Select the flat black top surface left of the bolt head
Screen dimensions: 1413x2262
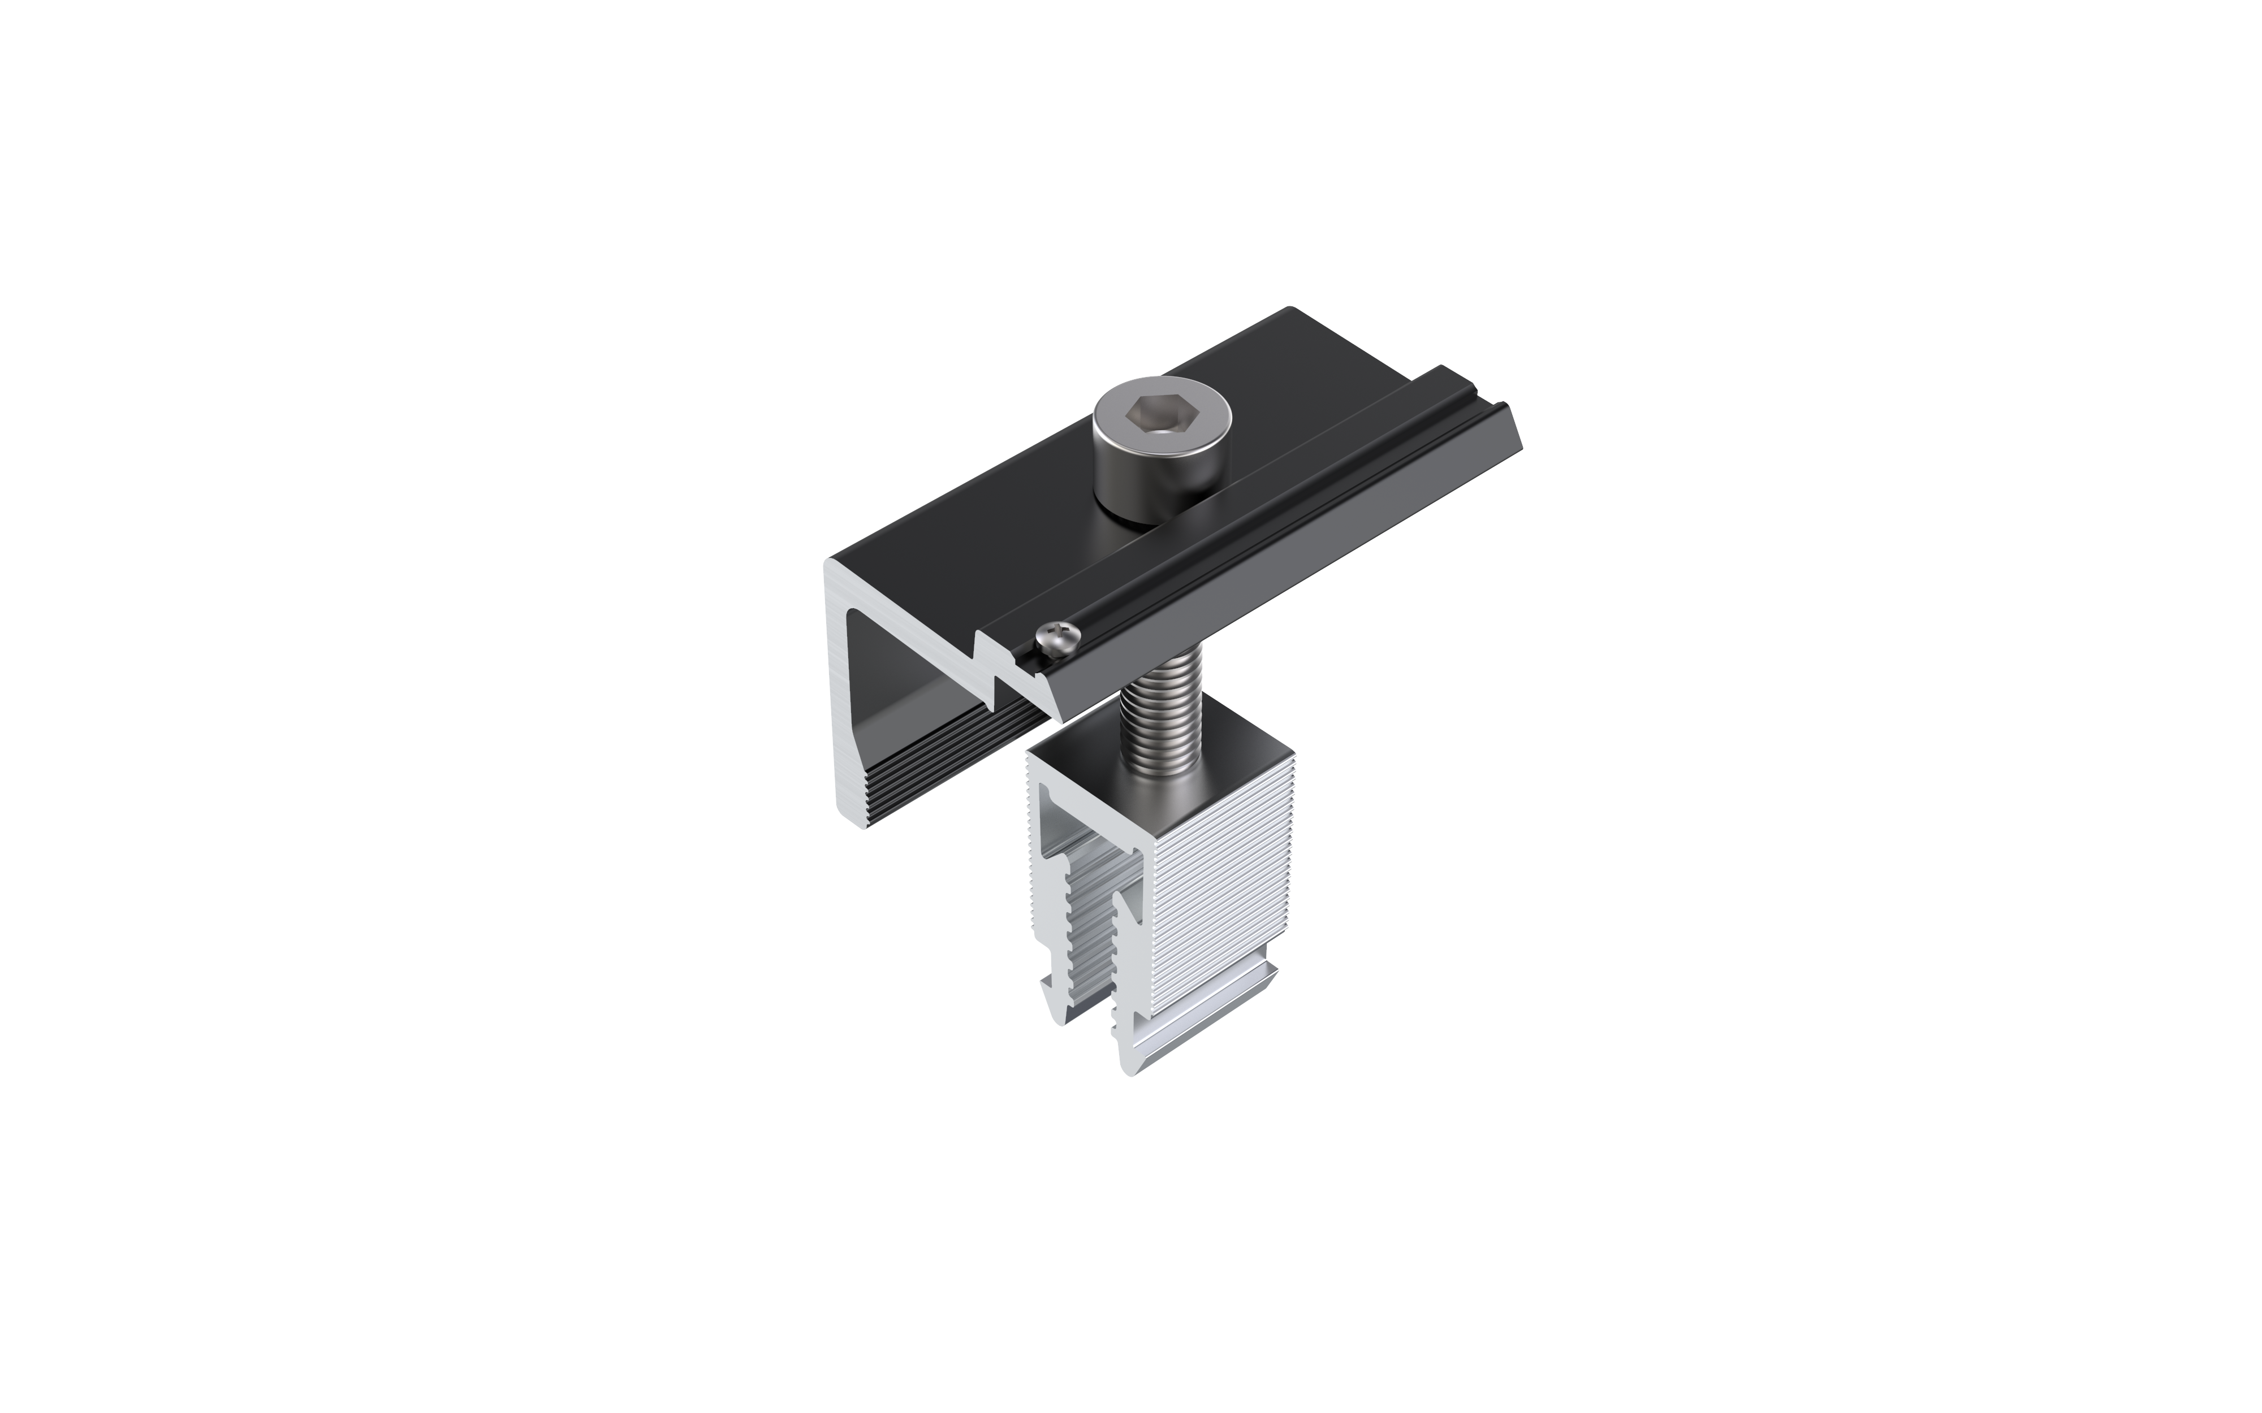coord(982,523)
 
